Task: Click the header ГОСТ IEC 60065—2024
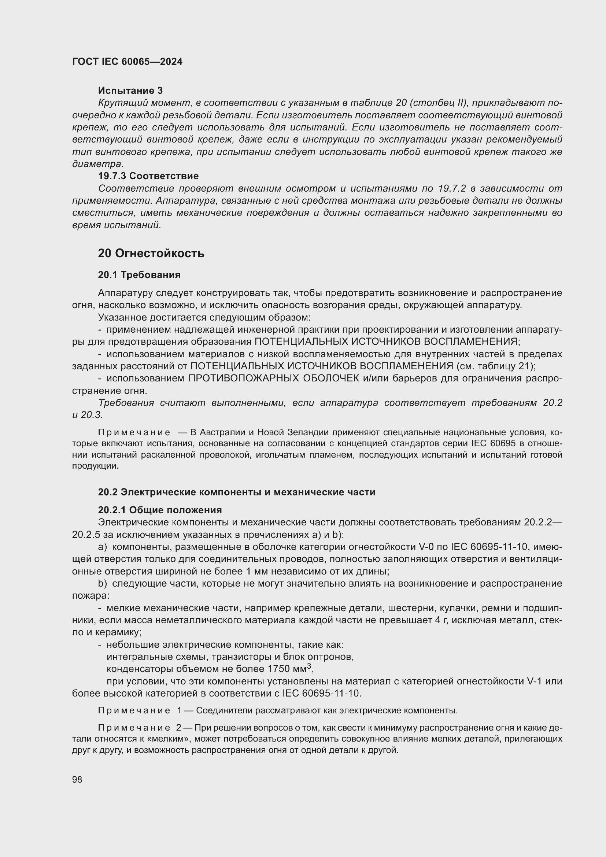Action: pyautogui.click(x=127, y=62)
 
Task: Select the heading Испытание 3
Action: pyautogui.click(x=130, y=90)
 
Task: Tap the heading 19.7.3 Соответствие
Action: pyautogui.click(x=148, y=176)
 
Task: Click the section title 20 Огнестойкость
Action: pyautogui.click(x=151, y=254)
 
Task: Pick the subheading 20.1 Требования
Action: pyautogui.click(x=139, y=275)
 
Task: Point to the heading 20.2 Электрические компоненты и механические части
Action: pyautogui.click(x=237, y=492)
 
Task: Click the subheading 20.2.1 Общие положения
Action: pyautogui.click(x=160, y=510)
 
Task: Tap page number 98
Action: pyautogui.click(x=77, y=779)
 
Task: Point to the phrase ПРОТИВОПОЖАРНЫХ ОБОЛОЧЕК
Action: pyautogui.click(x=274, y=378)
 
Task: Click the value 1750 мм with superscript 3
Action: pyautogui.click(x=291, y=668)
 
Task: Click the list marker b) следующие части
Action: pyautogui.click(x=102, y=583)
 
